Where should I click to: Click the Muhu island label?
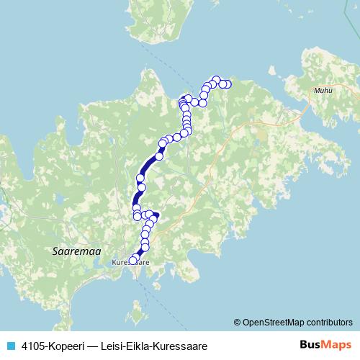click(323, 91)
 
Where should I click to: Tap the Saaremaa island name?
click(77, 251)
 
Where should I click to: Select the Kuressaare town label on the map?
click(131, 264)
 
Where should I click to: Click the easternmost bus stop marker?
click(228, 84)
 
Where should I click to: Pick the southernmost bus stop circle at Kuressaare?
click(132, 260)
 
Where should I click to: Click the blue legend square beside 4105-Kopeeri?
click(10, 346)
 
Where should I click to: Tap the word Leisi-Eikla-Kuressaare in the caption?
click(153, 346)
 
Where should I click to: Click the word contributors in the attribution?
click(331, 322)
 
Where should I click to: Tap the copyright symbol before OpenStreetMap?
click(238, 322)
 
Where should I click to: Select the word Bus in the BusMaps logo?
click(310, 345)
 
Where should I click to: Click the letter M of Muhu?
click(316, 91)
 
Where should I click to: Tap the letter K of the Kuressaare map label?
click(115, 264)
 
